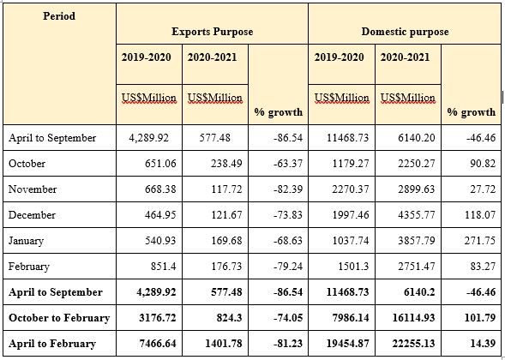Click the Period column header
click(59, 15)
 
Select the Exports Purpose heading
click(213, 32)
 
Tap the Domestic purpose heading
click(405, 32)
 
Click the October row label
click(27, 163)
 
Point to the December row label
click(32, 215)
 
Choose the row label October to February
click(59, 318)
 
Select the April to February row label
click(52, 344)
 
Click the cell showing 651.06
click(160, 163)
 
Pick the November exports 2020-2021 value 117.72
click(226, 189)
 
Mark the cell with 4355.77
click(416, 215)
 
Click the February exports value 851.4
click(163, 267)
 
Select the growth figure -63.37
click(288, 163)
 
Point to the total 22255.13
click(413, 344)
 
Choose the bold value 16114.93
click(413, 318)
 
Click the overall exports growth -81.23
click(288, 344)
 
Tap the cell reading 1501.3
click(354, 267)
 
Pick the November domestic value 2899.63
click(416, 189)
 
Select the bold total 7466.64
click(158, 344)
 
